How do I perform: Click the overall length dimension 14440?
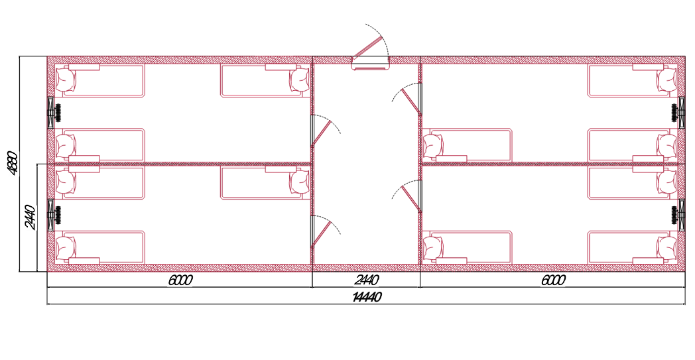tap(367, 297)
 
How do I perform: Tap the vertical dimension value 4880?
tap(13, 164)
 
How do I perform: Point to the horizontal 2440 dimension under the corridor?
tap(367, 280)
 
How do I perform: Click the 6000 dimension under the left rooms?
tap(180, 280)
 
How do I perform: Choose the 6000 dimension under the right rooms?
tap(553, 280)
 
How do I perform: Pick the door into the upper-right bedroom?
tap(407, 99)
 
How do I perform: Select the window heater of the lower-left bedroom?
tap(54, 215)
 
